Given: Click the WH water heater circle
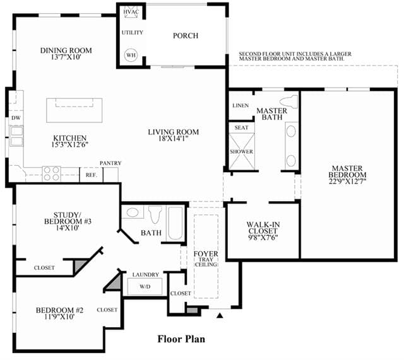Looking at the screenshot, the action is click(x=131, y=55).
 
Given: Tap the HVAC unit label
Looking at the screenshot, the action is click(x=131, y=12).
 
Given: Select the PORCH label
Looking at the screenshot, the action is click(x=186, y=35).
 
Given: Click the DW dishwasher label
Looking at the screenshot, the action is click(x=16, y=118).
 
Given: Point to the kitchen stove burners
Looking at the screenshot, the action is click(x=51, y=174).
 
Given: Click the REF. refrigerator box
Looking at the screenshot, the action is click(x=91, y=175).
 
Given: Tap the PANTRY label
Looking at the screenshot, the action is click(x=110, y=163).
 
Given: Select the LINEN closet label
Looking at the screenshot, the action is click(x=241, y=105).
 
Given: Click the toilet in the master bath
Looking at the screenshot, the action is click(x=289, y=102).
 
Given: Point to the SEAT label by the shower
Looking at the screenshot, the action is click(x=241, y=127).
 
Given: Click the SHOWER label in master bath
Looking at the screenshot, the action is click(x=241, y=151).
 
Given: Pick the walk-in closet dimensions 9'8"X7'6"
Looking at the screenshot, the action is click(x=263, y=238).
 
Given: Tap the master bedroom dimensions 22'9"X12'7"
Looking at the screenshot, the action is click(x=347, y=181).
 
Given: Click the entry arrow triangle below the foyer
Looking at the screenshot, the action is click(x=220, y=315).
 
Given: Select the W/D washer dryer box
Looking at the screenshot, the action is click(x=145, y=286).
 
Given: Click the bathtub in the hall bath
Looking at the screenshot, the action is click(x=175, y=223).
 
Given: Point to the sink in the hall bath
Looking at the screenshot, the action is click(x=133, y=212).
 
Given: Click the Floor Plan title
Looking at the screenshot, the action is click(x=181, y=339).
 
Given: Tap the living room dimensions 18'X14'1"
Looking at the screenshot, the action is click(x=174, y=139).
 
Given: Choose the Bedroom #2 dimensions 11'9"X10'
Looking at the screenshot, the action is click(x=59, y=316).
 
